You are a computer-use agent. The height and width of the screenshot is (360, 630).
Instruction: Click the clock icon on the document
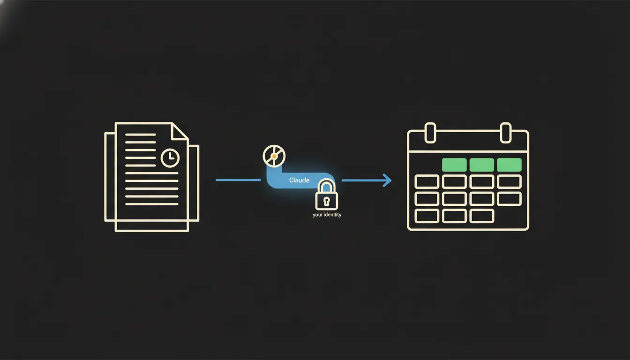(170, 158)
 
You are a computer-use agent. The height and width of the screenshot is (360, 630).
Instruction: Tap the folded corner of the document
(178, 131)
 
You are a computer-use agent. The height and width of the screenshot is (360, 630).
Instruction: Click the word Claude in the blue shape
(299, 180)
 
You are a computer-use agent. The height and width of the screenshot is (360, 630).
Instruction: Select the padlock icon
(326, 195)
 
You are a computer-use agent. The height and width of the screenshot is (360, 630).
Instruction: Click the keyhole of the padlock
(326, 201)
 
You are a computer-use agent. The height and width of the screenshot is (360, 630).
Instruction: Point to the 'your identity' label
(327, 215)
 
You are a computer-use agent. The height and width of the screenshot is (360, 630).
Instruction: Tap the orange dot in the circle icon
(274, 156)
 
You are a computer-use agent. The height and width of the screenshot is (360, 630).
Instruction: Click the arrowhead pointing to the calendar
(387, 180)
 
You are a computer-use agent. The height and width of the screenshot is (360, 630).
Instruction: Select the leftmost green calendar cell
(454, 165)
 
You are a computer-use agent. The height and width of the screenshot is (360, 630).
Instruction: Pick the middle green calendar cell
(482, 165)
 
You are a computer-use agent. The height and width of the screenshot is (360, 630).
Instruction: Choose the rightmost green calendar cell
(509, 165)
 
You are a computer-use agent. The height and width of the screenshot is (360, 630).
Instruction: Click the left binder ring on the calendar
(430, 133)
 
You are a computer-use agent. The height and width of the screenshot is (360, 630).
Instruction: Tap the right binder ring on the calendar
(506, 133)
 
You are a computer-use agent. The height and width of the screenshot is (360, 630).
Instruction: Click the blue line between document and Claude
(238, 180)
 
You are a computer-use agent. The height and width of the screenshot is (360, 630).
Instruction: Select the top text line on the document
(140, 135)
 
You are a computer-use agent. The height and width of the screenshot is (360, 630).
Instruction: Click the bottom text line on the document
(152, 204)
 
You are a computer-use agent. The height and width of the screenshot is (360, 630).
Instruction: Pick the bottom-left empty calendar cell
(427, 216)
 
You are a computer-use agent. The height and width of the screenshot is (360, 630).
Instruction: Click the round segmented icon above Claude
(274, 156)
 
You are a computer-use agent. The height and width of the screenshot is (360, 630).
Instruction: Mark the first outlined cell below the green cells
(427, 182)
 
